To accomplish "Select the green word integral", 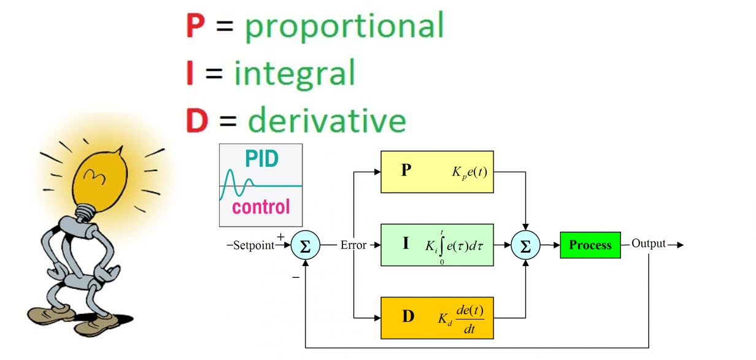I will coord(295,73).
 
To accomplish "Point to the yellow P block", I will coord(437,172).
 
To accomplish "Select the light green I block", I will coord(437,245).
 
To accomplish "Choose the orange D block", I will coord(437,318).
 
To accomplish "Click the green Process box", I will coord(590,245).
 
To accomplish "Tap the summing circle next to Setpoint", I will coord(305,245).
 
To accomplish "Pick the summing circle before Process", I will coord(525,245).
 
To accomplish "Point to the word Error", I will coord(353,245).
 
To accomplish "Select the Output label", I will coord(649,244).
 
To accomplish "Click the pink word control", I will coord(261,207).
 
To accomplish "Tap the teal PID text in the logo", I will coord(262,159).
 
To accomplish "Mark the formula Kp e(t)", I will coord(469,172).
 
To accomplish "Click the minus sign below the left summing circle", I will coord(296,277).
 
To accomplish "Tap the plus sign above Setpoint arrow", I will coord(281,236).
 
